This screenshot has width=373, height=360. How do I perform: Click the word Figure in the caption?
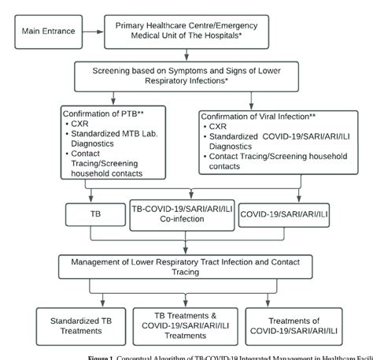click(x=99, y=356)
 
